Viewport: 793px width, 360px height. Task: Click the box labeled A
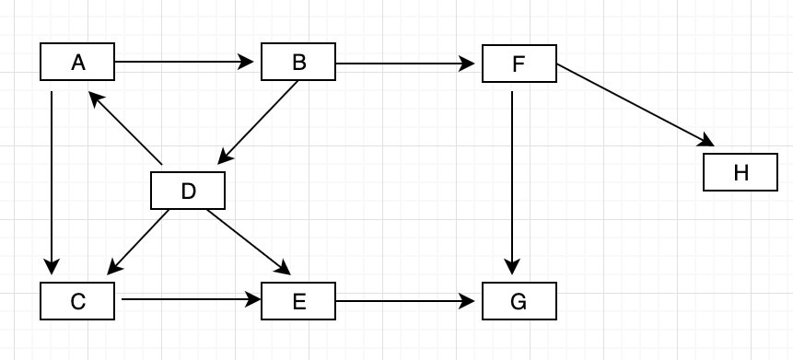(x=77, y=63)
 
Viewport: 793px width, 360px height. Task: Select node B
(x=298, y=63)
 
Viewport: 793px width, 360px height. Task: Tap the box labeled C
(x=77, y=301)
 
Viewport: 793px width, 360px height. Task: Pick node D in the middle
(x=188, y=191)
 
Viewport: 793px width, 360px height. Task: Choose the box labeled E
(x=298, y=301)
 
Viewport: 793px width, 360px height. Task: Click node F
(x=519, y=64)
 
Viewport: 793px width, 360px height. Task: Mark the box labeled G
(x=519, y=301)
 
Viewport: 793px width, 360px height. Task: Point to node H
(x=740, y=172)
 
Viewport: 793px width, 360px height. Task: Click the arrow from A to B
(x=184, y=63)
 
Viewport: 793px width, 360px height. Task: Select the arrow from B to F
(x=405, y=64)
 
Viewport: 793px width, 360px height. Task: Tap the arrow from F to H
(x=636, y=105)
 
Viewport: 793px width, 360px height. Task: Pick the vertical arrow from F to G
(x=512, y=184)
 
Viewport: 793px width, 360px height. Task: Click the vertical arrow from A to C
(x=52, y=184)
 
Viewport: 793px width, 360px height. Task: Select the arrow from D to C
(x=138, y=242)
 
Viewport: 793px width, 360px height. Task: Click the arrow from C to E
(x=189, y=299)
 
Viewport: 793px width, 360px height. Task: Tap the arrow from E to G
(x=405, y=300)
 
